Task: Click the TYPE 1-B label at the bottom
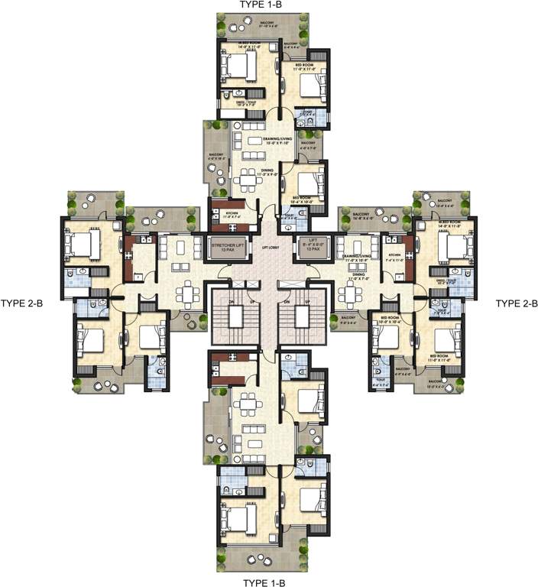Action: pyautogui.click(x=264, y=582)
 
